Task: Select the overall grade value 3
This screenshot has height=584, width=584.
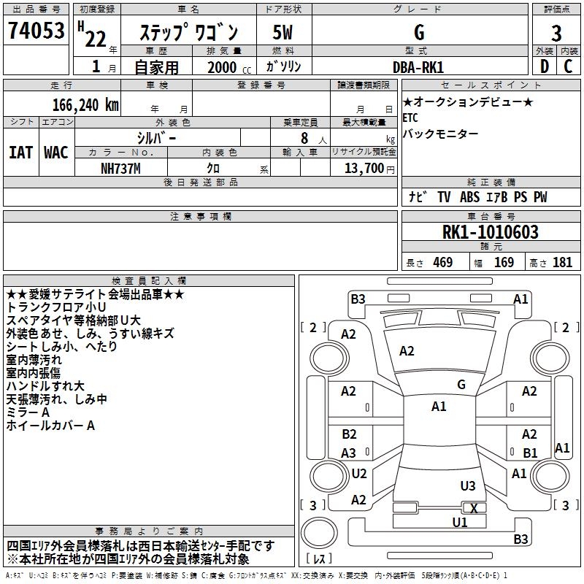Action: [x=556, y=33]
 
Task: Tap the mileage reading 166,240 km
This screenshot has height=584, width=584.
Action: [x=85, y=104]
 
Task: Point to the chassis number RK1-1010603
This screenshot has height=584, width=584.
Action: [x=491, y=232]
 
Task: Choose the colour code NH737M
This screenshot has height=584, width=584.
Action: [x=121, y=168]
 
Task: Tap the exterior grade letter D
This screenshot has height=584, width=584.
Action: [x=544, y=66]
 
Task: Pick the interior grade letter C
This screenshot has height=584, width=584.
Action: [x=568, y=66]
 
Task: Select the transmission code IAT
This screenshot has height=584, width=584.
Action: [x=20, y=152]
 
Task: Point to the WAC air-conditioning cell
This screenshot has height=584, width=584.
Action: [x=56, y=152]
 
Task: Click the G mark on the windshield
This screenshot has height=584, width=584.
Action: [x=461, y=384]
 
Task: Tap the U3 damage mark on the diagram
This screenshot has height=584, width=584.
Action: [x=468, y=485]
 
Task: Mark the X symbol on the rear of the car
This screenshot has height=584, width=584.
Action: [x=474, y=508]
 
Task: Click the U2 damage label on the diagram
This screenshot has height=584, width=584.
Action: [x=358, y=473]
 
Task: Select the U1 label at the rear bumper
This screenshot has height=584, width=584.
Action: [x=459, y=522]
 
